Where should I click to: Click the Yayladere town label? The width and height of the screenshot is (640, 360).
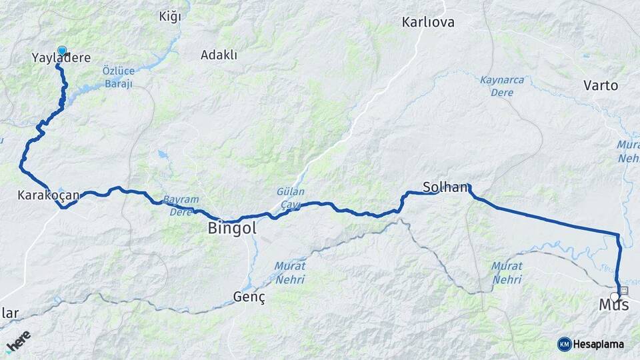click(x=61, y=59)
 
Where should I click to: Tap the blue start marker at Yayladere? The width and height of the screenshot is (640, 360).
click(x=62, y=51)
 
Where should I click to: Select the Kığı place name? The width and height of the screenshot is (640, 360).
click(x=170, y=17)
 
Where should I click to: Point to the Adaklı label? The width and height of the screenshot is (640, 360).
click(x=219, y=55)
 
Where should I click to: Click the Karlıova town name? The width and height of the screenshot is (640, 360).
click(x=428, y=23)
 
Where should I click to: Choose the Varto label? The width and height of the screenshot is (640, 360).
click(x=601, y=85)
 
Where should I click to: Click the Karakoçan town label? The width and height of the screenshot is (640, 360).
click(x=49, y=195)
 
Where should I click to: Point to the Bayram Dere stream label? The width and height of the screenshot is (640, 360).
click(x=181, y=206)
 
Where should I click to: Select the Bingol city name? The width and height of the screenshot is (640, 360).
click(x=232, y=229)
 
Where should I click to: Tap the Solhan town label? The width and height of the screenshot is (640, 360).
click(x=445, y=187)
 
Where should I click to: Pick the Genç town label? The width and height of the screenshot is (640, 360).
click(x=249, y=297)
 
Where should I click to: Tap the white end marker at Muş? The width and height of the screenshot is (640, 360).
click(x=615, y=297)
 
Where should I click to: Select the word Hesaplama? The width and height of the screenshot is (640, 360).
click(x=599, y=344)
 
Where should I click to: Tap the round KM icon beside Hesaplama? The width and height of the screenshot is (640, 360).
click(x=564, y=344)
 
